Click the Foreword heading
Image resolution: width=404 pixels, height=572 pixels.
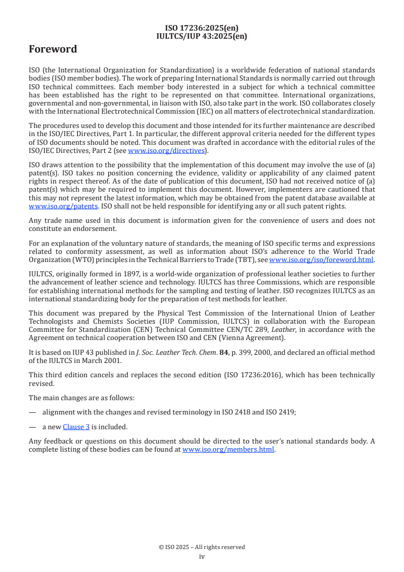point(53,49)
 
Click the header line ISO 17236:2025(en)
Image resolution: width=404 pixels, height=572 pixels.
point(202,28)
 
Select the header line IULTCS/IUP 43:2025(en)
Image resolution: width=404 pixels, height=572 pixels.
point(202,36)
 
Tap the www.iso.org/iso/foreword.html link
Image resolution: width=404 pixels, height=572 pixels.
point(321,260)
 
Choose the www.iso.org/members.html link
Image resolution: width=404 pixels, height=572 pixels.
point(228,450)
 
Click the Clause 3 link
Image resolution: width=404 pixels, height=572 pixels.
point(76,427)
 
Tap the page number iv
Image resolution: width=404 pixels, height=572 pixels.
point(202,557)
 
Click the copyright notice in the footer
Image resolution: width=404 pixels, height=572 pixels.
point(202,547)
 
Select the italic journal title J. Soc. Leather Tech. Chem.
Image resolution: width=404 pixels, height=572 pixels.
point(158,353)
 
